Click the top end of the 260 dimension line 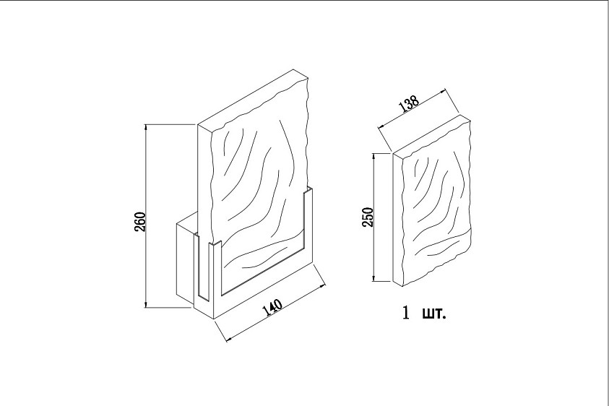click(x=146, y=124)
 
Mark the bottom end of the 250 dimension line click(x=374, y=280)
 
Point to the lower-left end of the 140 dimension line click(x=228, y=341)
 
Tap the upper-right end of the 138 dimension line click(x=444, y=90)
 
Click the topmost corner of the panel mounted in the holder click(x=294, y=70)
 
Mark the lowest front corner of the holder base click(x=215, y=319)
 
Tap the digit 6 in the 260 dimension click(x=141, y=223)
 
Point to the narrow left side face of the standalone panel click(x=398, y=220)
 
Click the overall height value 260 click(x=141, y=223)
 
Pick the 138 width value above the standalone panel click(x=409, y=103)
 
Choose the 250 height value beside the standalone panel click(x=368, y=217)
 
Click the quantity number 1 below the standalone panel click(x=406, y=313)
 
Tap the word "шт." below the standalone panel click(x=434, y=314)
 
